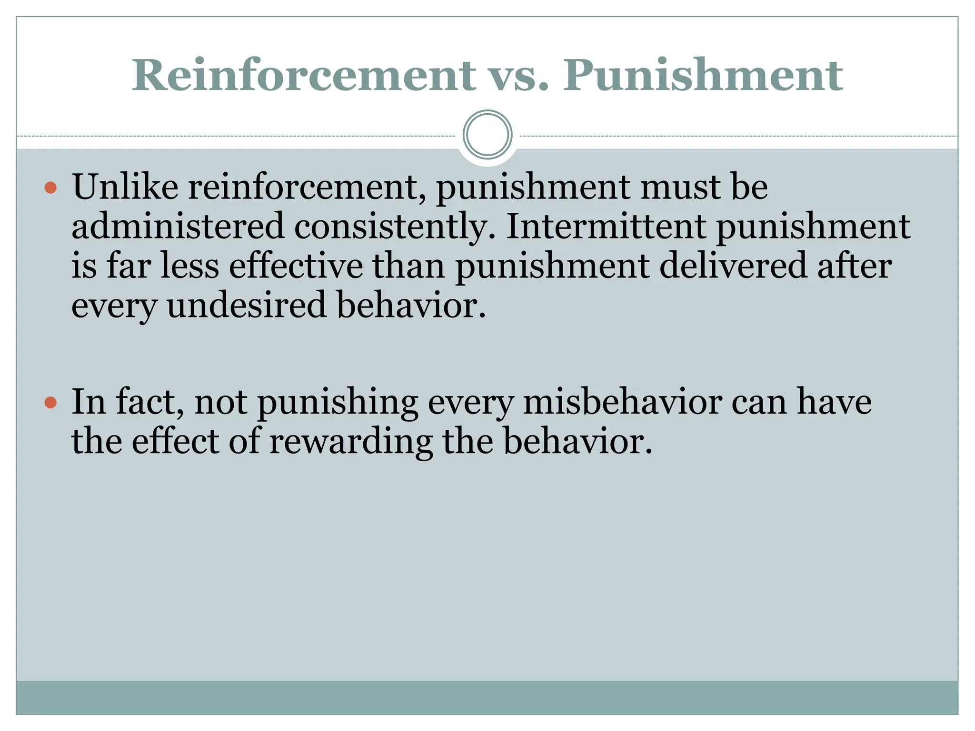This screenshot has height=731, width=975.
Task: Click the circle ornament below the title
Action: [487, 135]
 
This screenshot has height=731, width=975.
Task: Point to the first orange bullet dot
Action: [50, 188]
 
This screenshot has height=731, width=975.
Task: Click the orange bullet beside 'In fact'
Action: [50, 403]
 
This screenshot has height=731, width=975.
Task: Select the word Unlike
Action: [125, 187]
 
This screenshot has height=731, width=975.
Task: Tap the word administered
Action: [178, 226]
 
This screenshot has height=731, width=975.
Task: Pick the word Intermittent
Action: [606, 226]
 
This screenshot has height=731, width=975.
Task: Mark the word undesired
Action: [247, 305]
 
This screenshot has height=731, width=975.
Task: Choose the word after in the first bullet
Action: [855, 266]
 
